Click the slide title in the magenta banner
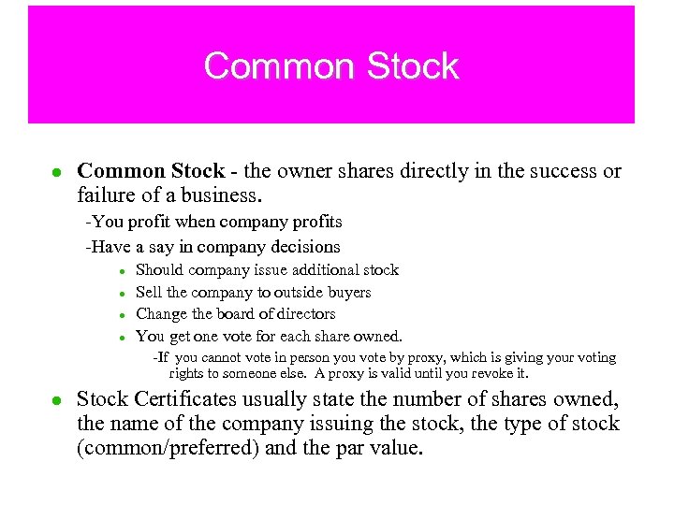331,66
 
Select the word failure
108,195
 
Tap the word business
221,195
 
